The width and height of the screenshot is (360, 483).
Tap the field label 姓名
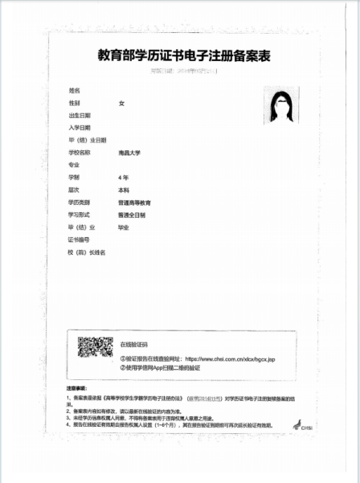(x=75, y=91)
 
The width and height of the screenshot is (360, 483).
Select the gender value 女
(x=121, y=104)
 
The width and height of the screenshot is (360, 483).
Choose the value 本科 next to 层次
(x=124, y=190)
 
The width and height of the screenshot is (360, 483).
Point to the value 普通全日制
(x=131, y=215)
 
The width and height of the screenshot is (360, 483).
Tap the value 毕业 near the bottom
(x=124, y=227)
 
